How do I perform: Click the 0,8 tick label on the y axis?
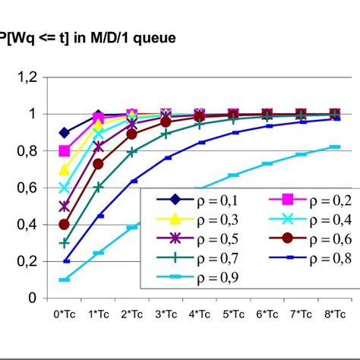click(x=30, y=150)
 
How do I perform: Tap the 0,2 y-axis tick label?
click(x=30, y=261)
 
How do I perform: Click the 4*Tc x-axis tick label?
click(x=200, y=314)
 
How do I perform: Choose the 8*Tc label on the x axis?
click(x=334, y=314)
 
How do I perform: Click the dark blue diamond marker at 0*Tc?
click(x=65, y=132)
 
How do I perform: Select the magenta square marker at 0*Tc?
click(x=65, y=150)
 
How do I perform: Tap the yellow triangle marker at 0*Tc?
click(x=65, y=169)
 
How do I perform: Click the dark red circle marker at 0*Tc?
click(x=65, y=225)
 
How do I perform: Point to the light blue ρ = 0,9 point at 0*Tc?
click(x=65, y=279)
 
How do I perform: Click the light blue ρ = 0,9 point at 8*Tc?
click(x=334, y=147)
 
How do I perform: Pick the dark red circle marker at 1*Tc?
click(x=98, y=164)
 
